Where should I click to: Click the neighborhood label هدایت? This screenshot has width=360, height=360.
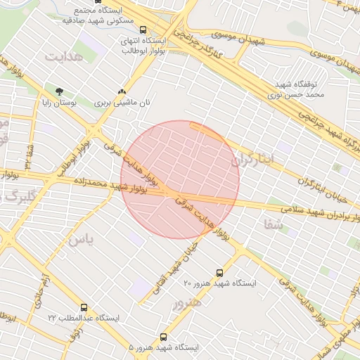tap(63, 56)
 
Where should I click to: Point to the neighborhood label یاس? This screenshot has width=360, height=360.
tap(80, 239)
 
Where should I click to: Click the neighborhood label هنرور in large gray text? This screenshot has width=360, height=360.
tap(186, 302)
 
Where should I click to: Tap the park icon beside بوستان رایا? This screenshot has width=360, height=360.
tap(59, 91)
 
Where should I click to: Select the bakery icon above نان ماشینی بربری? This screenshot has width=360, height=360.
tap(122, 91)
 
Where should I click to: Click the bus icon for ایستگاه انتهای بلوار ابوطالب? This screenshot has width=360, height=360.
tap(143, 30)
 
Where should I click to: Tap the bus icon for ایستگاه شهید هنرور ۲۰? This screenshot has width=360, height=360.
tap(219, 272)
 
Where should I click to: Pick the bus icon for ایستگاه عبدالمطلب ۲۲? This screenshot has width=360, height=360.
tap(84, 307)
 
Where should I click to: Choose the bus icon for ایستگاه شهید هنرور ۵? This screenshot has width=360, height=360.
tap(164, 337)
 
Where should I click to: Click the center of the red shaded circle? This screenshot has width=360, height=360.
tap(180, 180)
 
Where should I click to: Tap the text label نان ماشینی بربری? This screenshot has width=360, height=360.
tap(123, 103)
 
